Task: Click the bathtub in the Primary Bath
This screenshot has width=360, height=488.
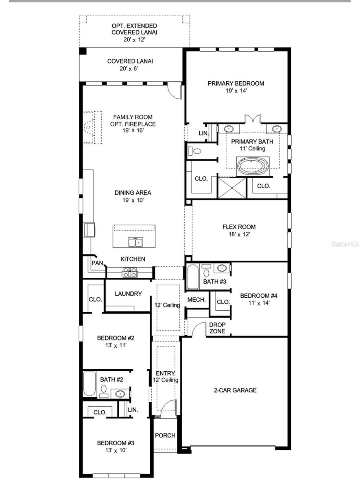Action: click(x=253, y=166)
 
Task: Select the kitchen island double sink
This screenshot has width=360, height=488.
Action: click(x=135, y=242)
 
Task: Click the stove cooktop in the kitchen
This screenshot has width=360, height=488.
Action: click(x=130, y=272)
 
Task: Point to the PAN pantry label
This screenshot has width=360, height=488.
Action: click(x=97, y=263)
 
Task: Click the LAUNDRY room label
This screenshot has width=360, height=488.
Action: click(x=128, y=294)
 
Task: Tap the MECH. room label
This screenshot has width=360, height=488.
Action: click(x=196, y=300)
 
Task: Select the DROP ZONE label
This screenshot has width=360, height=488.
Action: click(x=217, y=328)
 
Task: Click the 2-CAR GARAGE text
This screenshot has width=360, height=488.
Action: click(x=235, y=390)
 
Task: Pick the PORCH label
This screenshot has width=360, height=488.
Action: click(x=165, y=435)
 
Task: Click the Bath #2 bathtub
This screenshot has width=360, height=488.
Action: click(x=89, y=384)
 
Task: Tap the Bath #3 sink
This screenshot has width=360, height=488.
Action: click(x=222, y=268)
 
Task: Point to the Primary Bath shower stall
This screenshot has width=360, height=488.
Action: click(x=232, y=188)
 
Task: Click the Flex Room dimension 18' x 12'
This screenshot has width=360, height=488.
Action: click(x=239, y=234)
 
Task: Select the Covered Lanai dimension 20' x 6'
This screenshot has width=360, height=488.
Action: click(x=127, y=69)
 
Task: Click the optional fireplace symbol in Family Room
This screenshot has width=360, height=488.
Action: click(x=90, y=127)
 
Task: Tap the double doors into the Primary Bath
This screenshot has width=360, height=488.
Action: click(x=253, y=119)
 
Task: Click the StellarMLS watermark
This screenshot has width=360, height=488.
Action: click(x=345, y=244)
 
